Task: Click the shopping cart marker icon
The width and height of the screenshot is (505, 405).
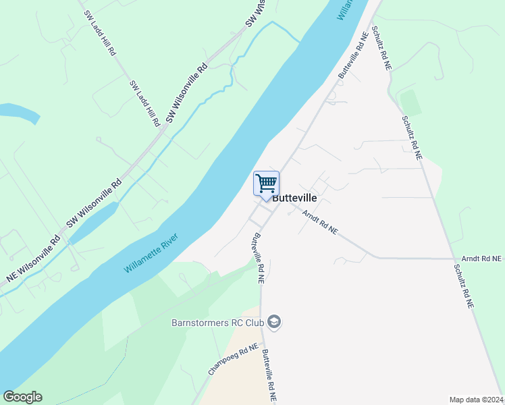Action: (266, 184)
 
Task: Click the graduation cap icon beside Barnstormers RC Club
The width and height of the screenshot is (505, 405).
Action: (274, 322)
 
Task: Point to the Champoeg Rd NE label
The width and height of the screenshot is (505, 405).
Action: (234, 360)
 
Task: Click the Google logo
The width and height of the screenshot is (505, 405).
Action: (22, 397)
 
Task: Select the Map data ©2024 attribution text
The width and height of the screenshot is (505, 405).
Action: (476, 399)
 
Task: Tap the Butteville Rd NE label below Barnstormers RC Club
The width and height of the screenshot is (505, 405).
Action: (269, 377)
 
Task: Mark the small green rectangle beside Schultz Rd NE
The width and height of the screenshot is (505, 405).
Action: (410, 102)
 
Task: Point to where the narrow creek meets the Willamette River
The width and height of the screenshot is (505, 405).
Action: (300, 43)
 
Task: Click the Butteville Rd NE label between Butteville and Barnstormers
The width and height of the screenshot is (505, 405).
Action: (257, 258)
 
